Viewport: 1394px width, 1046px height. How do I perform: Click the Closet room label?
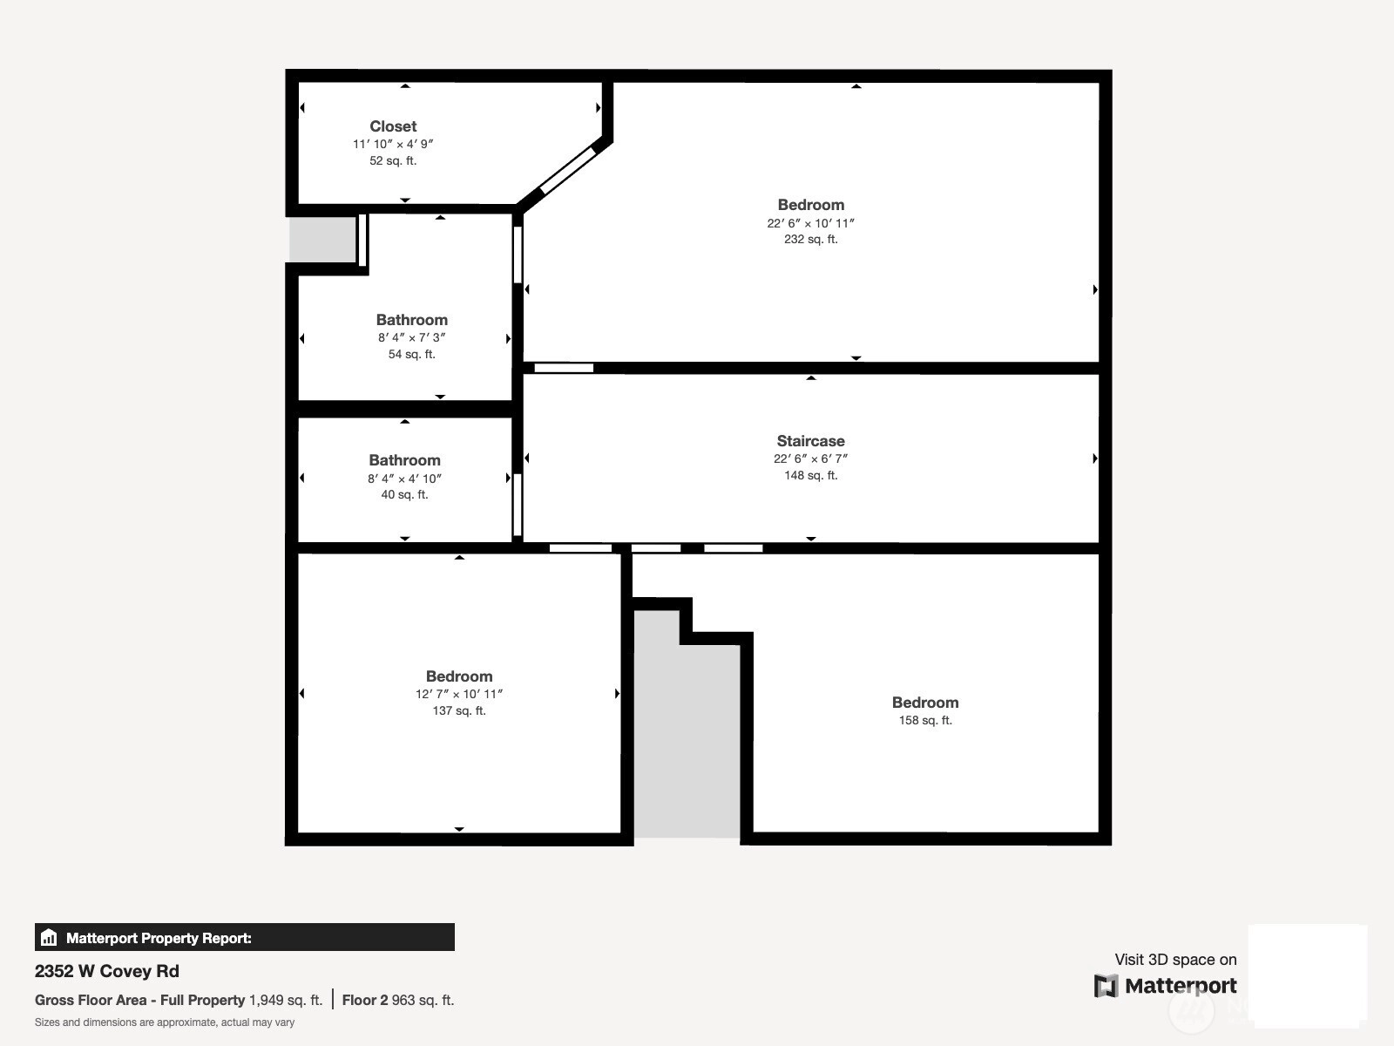(393, 126)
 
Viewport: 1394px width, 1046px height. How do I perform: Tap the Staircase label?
(810, 441)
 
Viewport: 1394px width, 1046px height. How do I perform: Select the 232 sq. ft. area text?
(810, 240)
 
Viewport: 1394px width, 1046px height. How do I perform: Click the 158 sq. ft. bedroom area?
(925, 720)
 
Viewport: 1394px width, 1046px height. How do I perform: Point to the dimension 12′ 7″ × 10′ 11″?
(459, 694)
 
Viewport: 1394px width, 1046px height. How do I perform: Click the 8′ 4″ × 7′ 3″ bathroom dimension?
(411, 338)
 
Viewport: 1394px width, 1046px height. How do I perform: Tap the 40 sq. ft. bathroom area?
(404, 495)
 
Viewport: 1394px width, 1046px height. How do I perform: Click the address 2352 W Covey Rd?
(106, 971)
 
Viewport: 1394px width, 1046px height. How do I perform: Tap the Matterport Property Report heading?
(159, 938)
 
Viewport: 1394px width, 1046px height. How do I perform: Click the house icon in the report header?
(49, 937)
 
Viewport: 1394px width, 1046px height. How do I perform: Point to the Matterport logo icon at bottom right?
(1106, 986)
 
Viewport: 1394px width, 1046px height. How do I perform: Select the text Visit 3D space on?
(1175, 960)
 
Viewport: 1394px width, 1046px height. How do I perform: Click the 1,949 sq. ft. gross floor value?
(286, 1001)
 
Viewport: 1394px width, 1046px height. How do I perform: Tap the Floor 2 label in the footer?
(364, 1001)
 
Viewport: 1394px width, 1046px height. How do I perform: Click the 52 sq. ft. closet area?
(393, 160)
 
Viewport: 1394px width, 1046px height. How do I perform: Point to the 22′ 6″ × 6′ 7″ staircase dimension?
(810, 458)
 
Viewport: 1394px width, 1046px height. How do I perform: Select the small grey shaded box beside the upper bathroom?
(322, 239)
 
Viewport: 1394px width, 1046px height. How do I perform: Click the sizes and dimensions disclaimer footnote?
(165, 1022)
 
